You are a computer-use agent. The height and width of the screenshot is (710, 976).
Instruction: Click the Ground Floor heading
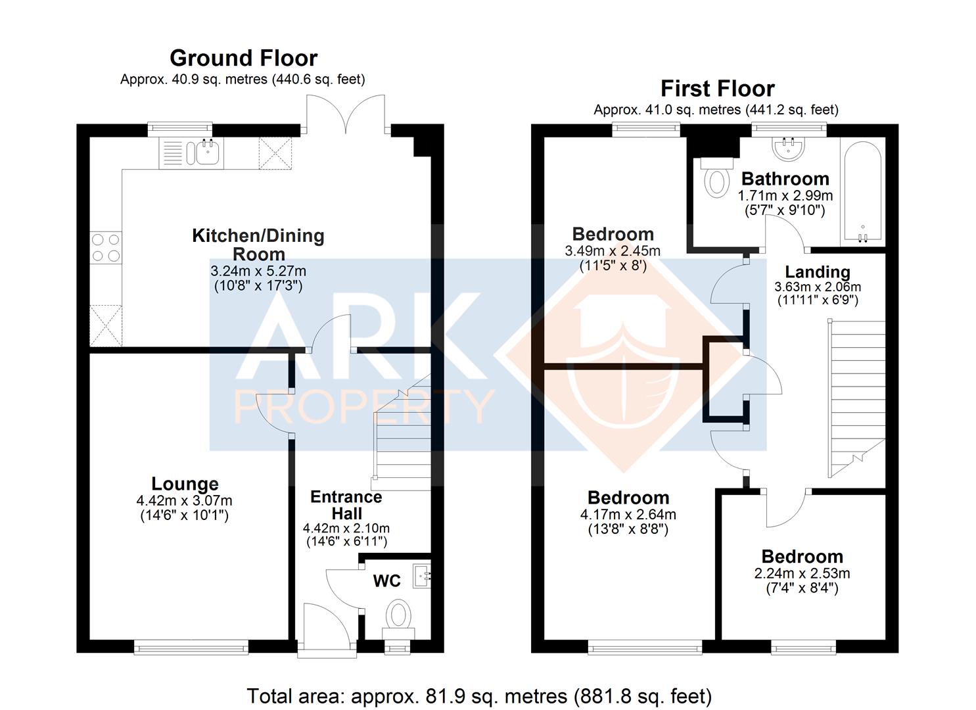coord(244,58)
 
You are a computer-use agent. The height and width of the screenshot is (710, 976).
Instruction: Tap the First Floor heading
coord(718,89)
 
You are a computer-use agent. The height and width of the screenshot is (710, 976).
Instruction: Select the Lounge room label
coord(185,484)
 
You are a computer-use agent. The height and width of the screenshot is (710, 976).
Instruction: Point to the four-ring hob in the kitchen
coord(106,247)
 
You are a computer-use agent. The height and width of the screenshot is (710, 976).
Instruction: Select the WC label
coord(387,580)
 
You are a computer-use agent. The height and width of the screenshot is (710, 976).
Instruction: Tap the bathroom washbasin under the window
coord(788,147)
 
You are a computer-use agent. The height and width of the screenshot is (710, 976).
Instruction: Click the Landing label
coord(818,272)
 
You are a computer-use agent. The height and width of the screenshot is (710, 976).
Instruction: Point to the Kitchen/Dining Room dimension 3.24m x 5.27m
coord(258,271)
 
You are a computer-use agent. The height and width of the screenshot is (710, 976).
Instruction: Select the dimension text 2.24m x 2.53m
coord(802,573)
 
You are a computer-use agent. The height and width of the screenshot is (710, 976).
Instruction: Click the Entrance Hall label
coord(346,505)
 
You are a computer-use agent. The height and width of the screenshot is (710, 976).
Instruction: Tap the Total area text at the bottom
coord(479,696)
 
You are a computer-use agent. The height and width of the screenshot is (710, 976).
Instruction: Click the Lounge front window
coord(191,647)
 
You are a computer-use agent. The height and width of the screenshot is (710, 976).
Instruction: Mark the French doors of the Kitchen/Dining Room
coord(346,114)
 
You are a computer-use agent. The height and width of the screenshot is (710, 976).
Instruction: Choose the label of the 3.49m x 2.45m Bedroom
coord(613,235)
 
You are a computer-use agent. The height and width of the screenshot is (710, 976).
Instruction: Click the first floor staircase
coord(857,399)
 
